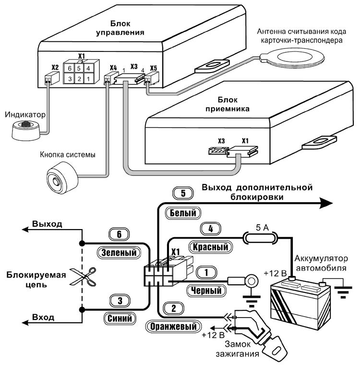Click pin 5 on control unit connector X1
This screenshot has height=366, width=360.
[x=80, y=68]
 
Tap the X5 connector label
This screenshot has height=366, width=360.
[x=154, y=68]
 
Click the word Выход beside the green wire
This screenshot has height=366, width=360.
[x=47, y=224]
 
